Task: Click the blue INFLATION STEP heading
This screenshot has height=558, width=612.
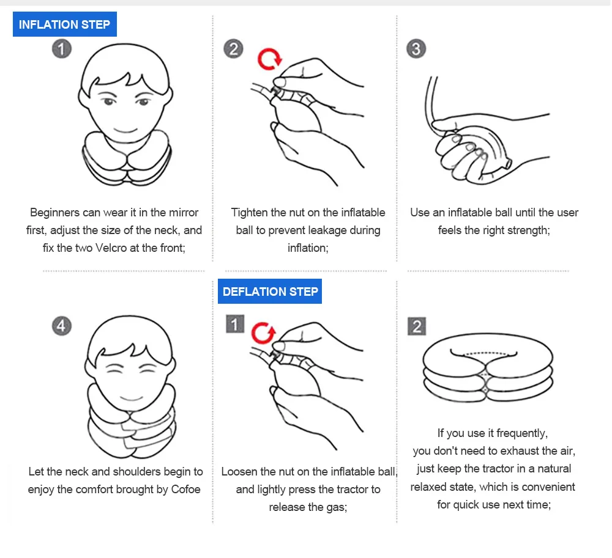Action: pos(65,24)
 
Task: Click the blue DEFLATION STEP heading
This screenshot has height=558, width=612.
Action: pos(270,291)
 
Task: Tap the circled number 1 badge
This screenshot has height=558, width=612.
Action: pos(62,49)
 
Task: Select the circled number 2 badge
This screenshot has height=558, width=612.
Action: pos(233,49)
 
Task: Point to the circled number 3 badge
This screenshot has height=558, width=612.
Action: pos(416,49)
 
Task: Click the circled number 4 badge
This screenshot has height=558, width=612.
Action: pos(62,326)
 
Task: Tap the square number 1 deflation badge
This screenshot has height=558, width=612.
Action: pos(235,324)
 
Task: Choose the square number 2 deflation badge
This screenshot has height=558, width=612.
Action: pos(417,326)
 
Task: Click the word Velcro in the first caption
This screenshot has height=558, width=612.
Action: pos(111,248)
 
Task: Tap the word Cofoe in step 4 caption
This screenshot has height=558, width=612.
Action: pos(186,490)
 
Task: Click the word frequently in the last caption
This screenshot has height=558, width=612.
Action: pos(522,433)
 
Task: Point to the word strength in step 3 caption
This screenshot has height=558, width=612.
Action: pos(529,230)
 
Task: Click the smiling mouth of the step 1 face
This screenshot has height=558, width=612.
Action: pos(125,130)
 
